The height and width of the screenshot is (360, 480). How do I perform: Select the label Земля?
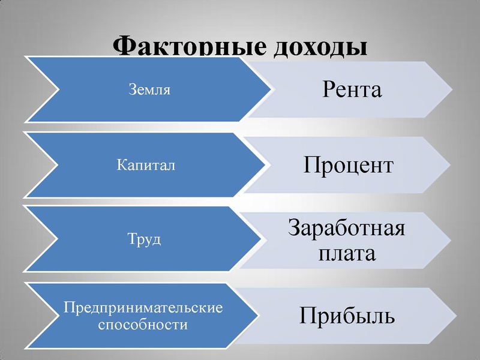[150, 91]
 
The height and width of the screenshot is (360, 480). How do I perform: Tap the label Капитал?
[146, 165]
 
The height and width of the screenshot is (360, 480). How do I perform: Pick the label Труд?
[145, 239]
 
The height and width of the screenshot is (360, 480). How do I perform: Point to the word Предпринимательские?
[143, 308]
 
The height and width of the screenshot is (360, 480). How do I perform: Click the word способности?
[143, 325]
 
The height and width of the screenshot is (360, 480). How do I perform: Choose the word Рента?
[352, 90]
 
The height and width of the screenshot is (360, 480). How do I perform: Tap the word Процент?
[348, 164]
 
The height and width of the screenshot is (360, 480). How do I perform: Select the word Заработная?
[347, 229]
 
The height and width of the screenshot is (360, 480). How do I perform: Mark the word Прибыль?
[348, 316]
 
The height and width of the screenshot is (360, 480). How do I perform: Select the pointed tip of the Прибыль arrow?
[451, 316]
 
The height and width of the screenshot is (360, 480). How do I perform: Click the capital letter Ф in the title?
[125, 47]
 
